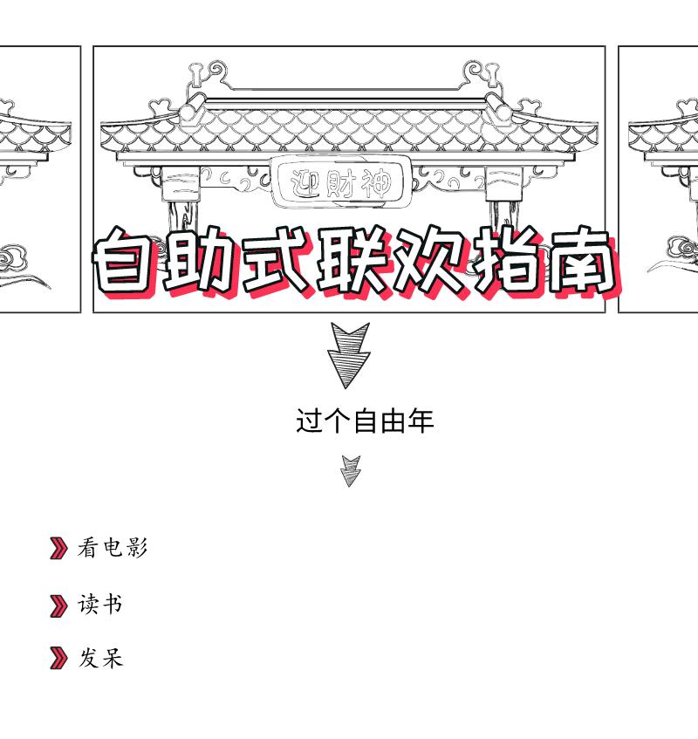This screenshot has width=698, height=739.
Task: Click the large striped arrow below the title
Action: click(x=349, y=353)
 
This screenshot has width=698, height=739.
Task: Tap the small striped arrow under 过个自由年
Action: click(x=350, y=470)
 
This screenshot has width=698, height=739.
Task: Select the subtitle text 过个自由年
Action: click(x=365, y=421)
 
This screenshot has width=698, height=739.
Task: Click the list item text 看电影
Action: click(x=113, y=548)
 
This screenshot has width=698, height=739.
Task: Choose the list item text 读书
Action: click(x=100, y=604)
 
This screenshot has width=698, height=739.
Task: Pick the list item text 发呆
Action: click(x=100, y=657)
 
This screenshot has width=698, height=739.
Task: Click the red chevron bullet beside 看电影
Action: click(x=58, y=549)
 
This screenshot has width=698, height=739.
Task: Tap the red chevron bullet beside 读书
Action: click(x=58, y=605)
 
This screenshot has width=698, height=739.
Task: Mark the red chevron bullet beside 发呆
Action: click(x=58, y=658)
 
